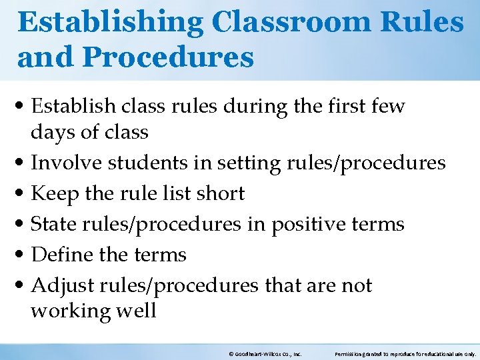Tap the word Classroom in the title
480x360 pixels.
click(x=294, y=23)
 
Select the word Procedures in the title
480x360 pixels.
click(x=168, y=57)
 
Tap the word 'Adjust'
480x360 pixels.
click(x=61, y=285)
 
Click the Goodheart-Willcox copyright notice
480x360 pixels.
click(x=265, y=353)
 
